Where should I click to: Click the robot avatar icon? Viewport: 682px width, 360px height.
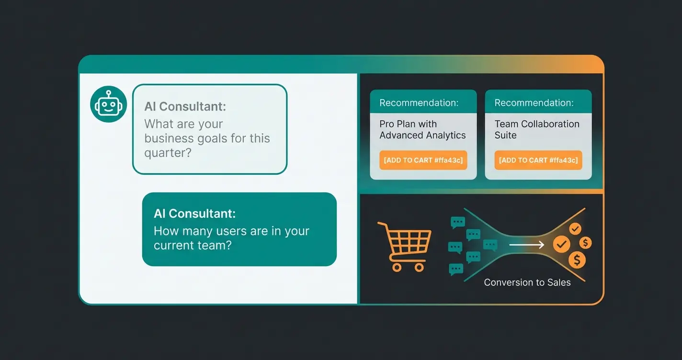click(108, 104)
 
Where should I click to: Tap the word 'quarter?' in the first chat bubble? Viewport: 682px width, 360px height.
click(166, 153)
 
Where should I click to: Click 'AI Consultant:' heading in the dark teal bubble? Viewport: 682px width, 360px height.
click(194, 214)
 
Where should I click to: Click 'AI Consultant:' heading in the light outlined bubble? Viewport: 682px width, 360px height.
click(185, 106)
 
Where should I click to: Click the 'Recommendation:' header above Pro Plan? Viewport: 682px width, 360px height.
click(419, 103)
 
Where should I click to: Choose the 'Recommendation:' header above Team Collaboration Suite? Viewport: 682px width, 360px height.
click(534, 103)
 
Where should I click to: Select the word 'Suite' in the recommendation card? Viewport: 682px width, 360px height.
click(505, 135)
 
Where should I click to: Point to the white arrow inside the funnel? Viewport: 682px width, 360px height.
click(526, 245)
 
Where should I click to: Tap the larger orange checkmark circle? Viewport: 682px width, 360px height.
click(561, 245)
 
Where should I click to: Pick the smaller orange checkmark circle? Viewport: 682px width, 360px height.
click(575, 228)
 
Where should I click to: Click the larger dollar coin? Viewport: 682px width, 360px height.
click(577, 260)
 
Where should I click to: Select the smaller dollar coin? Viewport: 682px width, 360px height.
click(585, 243)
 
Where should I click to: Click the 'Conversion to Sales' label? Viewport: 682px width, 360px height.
click(527, 282)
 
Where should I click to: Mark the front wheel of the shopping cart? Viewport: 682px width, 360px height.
click(419, 267)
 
